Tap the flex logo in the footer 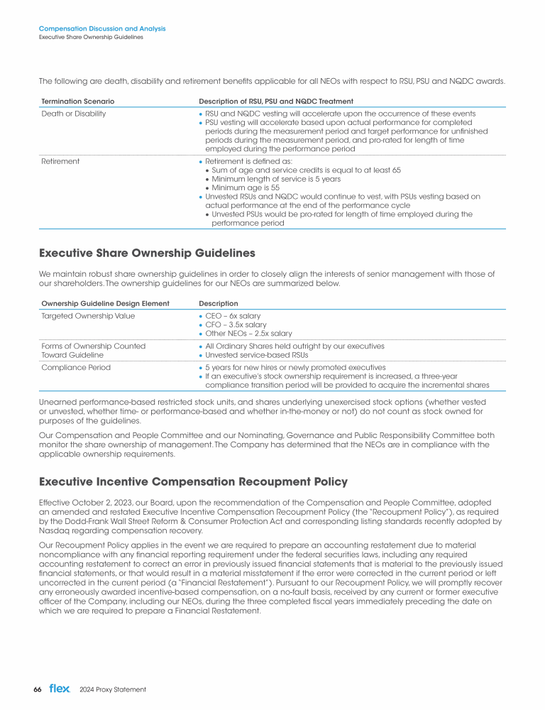60,689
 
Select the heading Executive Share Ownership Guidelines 146,253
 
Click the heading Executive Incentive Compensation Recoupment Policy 192,482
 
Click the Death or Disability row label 74,114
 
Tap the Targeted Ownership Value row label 88,315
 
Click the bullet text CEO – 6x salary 233,315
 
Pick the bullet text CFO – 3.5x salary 236,324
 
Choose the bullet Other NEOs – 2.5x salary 248,334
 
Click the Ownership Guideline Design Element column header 105,303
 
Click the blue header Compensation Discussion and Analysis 102,28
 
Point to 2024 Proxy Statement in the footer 113,689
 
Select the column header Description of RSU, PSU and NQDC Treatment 276,102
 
